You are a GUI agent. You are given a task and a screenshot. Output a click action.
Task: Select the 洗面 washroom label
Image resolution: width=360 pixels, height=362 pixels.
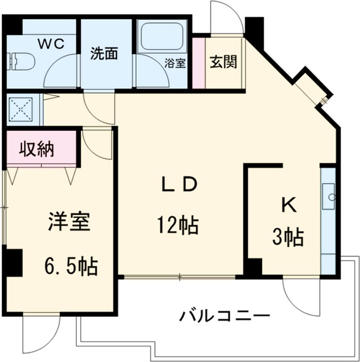(103, 53)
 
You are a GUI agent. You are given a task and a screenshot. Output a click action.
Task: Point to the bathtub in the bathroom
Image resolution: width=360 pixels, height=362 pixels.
(161, 38)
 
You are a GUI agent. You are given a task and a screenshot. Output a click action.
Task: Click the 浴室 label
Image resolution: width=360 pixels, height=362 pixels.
(176, 63)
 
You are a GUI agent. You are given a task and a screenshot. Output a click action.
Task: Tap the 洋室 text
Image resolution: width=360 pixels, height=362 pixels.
(68, 222)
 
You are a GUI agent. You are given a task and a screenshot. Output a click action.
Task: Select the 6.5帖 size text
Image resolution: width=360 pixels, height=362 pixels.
(71, 264)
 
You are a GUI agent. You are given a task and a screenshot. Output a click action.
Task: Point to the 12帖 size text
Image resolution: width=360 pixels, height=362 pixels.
(178, 225)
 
